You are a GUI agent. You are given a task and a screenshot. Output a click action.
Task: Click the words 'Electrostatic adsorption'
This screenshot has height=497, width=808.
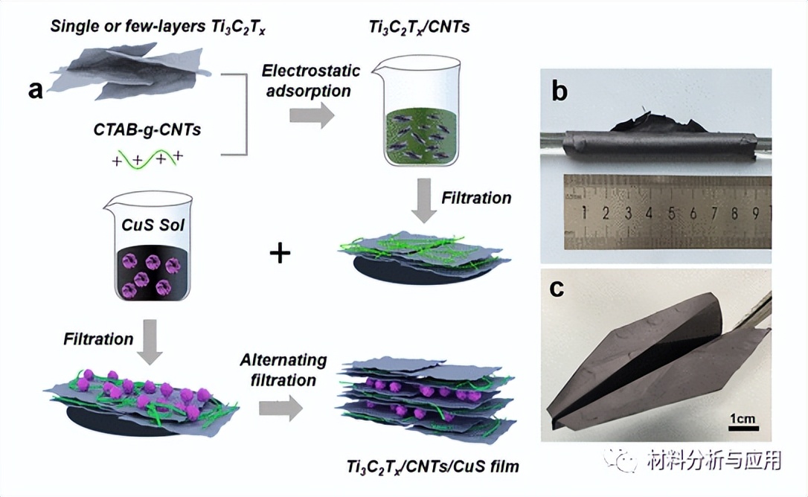[x=310, y=81]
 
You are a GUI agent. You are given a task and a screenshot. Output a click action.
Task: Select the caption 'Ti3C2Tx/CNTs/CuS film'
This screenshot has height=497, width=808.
[x=432, y=467]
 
